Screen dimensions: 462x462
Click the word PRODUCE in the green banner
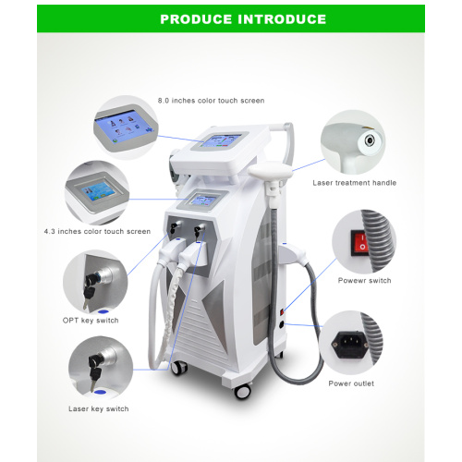pyautogui.click(x=197, y=18)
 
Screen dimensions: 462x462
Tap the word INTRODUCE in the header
pyautogui.click(x=278, y=18)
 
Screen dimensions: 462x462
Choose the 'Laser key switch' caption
pyautogui.click(x=98, y=408)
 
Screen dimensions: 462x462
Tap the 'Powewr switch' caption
pyautogui.click(x=365, y=280)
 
